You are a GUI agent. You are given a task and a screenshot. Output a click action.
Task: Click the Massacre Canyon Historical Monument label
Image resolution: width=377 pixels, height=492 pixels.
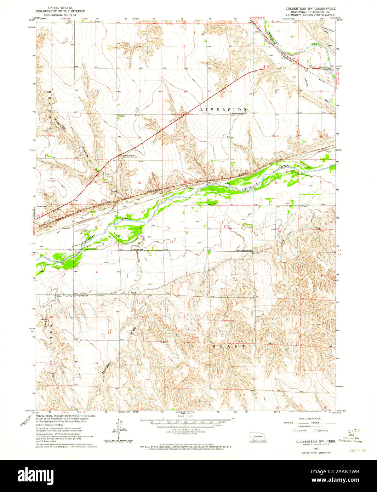pyautogui.click(x=129, y=156)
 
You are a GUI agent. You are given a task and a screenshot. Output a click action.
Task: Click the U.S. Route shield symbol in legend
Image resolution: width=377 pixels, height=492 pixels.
pyautogui.click(x=294, y=430)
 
